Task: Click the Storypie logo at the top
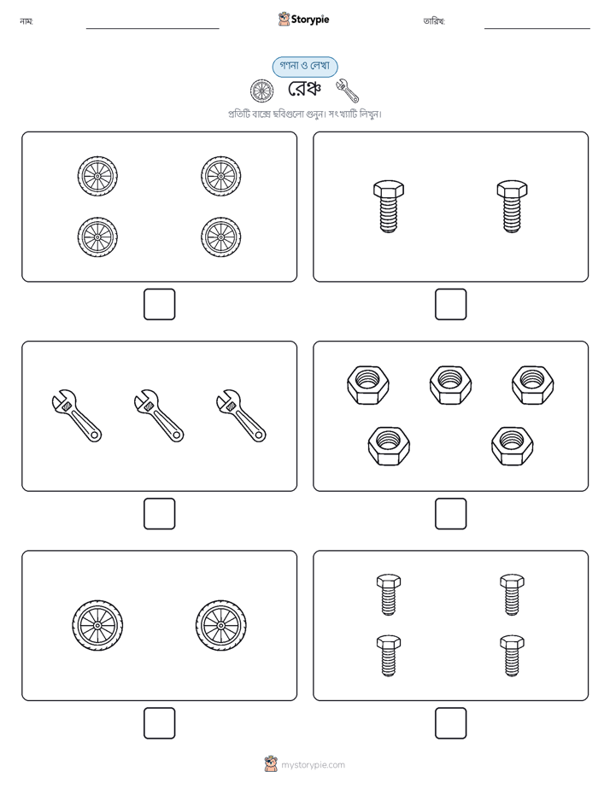click(x=303, y=20)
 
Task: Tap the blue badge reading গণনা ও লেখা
click(x=305, y=67)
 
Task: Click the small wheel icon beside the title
click(x=262, y=91)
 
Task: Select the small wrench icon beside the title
click(x=347, y=90)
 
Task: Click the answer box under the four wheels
click(x=160, y=305)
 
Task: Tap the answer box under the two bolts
click(x=450, y=305)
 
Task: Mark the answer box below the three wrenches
click(x=160, y=514)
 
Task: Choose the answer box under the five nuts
click(x=450, y=514)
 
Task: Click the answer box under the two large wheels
click(x=160, y=723)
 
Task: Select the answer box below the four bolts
click(x=450, y=723)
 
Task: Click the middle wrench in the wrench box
click(x=159, y=416)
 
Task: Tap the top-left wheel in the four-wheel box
click(x=97, y=176)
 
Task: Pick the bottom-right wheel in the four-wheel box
click(x=221, y=237)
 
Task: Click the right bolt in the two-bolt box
click(x=512, y=207)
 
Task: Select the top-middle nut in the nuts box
click(x=450, y=385)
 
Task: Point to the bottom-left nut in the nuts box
click(x=389, y=446)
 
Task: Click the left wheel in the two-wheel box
click(x=97, y=625)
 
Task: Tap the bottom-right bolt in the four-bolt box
click(x=512, y=656)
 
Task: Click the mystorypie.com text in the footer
click(x=313, y=765)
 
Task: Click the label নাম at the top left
click(x=26, y=21)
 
